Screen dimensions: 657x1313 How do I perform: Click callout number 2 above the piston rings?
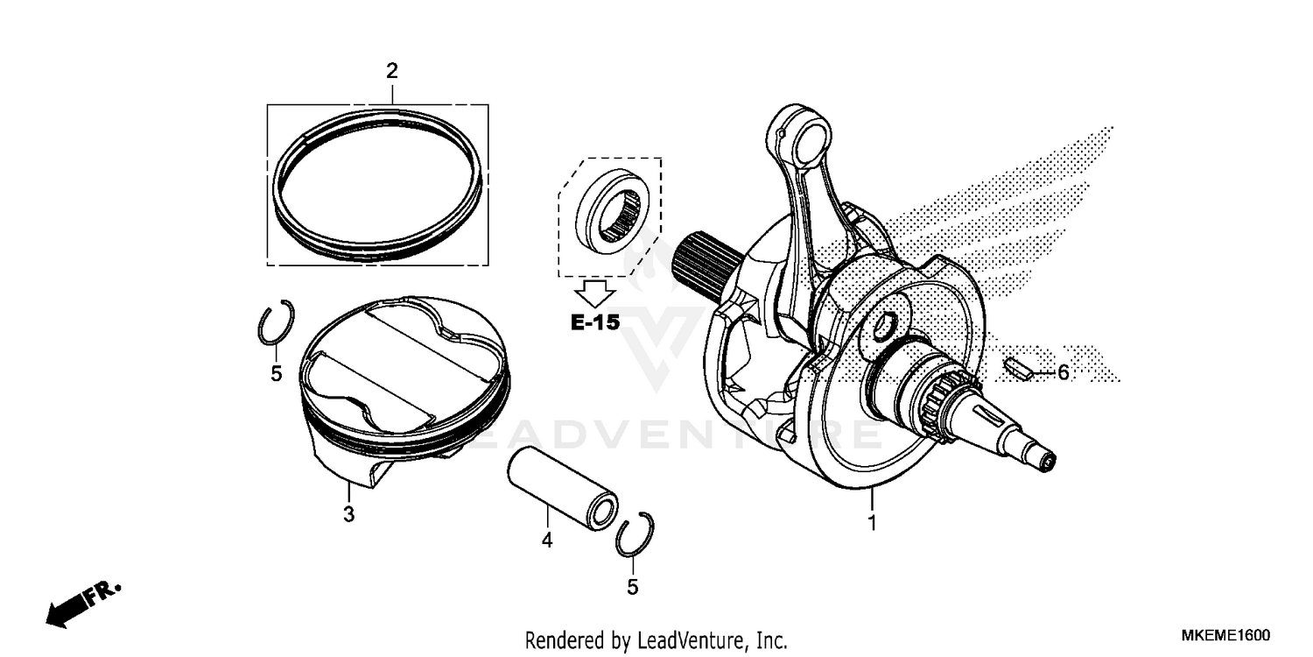click(392, 70)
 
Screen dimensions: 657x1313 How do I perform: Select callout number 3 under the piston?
click(348, 515)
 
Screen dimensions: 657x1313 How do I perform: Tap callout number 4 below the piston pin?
click(546, 540)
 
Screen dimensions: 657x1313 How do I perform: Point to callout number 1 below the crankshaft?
click(872, 524)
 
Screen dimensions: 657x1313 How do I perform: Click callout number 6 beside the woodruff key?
click(1063, 373)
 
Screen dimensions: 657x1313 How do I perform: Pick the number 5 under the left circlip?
click(276, 374)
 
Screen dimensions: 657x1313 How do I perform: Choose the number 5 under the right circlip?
click(632, 587)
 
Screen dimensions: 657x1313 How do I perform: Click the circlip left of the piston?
click(277, 323)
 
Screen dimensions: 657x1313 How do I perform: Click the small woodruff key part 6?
click(1016, 368)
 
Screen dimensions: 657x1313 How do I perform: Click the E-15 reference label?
click(595, 322)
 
